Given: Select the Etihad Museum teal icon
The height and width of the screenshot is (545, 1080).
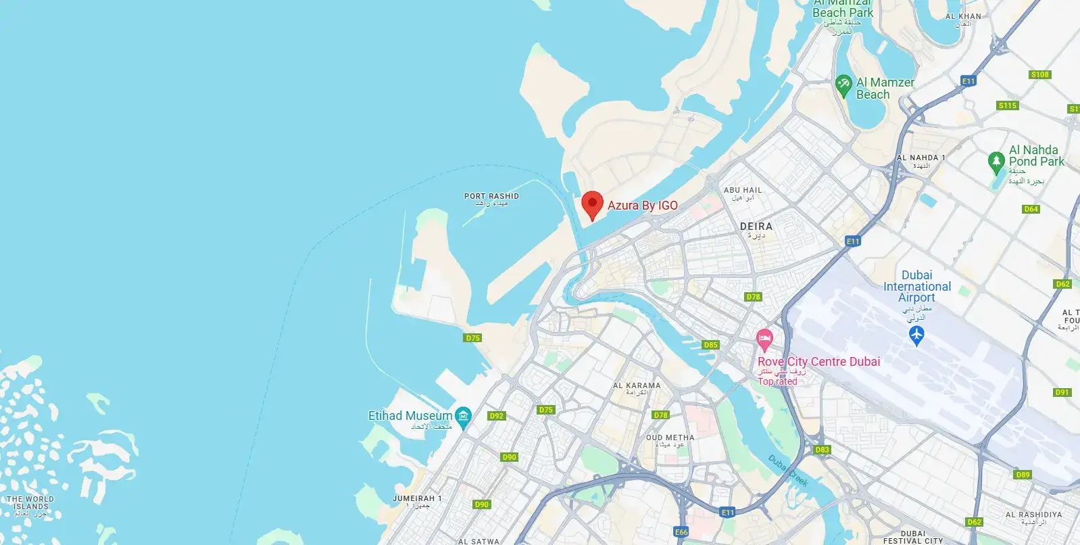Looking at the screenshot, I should click(463, 416).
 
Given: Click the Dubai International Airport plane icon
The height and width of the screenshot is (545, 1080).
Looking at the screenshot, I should click(916, 333).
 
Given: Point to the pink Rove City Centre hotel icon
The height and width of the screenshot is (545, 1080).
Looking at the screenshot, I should click(764, 339).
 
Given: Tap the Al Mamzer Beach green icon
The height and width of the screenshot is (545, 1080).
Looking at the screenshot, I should click(843, 85).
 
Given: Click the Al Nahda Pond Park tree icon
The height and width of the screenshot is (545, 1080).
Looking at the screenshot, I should click(996, 162).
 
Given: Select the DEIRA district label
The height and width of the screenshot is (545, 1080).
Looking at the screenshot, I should click(756, 227).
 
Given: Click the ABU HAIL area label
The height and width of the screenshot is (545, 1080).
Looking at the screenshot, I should click(742, 191).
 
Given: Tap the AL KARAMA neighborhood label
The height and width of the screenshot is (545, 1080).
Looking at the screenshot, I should click(637, 385).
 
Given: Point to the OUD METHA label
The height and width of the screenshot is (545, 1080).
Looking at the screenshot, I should click(670, 437).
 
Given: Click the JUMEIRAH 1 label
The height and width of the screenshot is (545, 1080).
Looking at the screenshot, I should click(417, 498).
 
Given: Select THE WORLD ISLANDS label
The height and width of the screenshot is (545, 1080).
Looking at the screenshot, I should click(30, 502).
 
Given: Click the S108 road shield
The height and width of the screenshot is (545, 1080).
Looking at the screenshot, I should click(1040, 74).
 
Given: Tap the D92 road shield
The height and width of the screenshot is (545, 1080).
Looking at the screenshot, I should click(497, 416).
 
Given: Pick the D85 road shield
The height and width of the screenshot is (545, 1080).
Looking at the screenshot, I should click(710, 345).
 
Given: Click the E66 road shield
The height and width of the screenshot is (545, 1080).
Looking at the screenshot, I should click(681, 532).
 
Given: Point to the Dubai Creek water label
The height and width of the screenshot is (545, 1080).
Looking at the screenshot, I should click(788, 471).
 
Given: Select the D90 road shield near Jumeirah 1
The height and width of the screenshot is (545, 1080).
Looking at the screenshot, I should click(481, 504).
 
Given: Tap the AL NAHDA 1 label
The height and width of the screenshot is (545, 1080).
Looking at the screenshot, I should click(921, 158).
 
